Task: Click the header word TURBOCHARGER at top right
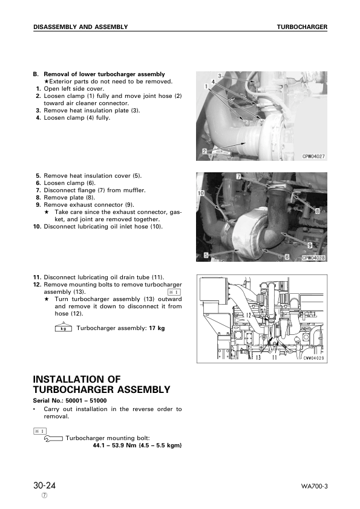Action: (x=302, y=27)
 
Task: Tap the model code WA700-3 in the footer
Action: (x=313, y=487)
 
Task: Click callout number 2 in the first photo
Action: (x=205, y=151)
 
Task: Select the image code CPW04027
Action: (x=314, y=156)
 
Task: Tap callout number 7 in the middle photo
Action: (x=238, y=177)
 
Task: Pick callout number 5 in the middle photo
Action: (x=206, y=256)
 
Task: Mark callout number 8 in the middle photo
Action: (x=317, y=211)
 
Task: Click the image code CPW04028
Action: (x=314, y=257)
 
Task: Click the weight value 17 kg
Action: (x=157, y=328)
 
